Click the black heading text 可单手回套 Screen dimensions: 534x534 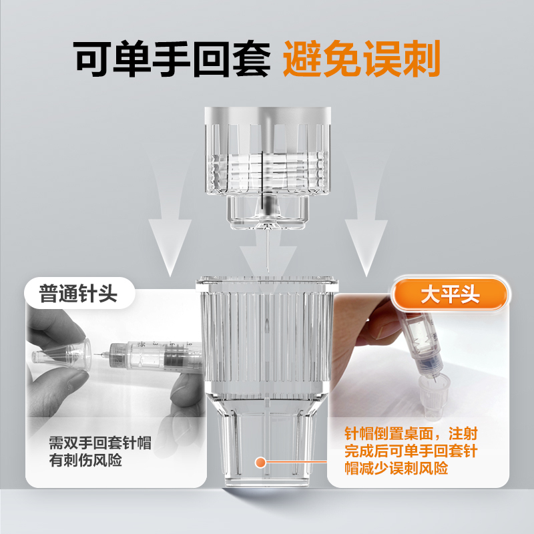click(172, 61)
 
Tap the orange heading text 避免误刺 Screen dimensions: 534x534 click(362, 61)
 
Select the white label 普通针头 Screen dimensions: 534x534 click(79, 294)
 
